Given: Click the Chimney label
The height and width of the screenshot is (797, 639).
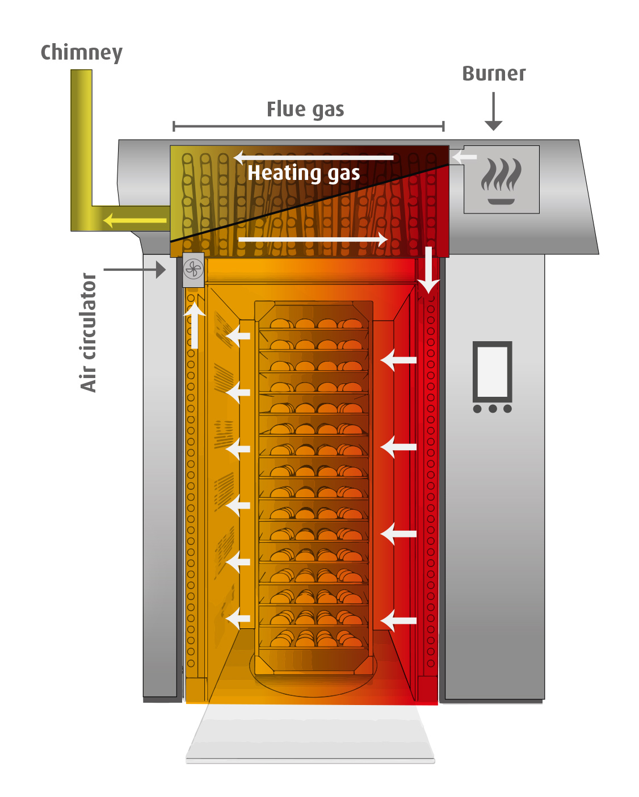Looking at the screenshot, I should click(x=81, y=53).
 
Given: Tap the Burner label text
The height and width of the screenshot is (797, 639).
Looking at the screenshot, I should click(x=494, y=74).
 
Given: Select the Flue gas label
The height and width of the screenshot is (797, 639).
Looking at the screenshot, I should click(x=305, y=110).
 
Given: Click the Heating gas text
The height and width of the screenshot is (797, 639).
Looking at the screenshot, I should click(x=304, y=173).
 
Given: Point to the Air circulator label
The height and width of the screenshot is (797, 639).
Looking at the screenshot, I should click(x=89, y=333).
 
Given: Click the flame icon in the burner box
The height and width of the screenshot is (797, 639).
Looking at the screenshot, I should click(x=501, y=181).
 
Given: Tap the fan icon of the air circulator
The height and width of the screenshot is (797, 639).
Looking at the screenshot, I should click(x=194, y=269).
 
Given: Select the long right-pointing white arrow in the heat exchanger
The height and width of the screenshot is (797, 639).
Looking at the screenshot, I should click(x=313, y=239).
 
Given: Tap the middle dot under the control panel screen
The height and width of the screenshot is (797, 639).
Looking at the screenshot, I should click(x=493, y=409).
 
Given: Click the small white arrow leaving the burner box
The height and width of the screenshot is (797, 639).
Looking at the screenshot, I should click(x=464, y=156).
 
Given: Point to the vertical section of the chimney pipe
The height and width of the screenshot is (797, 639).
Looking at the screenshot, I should click(x=81, y=136).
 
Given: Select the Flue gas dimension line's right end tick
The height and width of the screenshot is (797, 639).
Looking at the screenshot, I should click(x=443, y=126).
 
